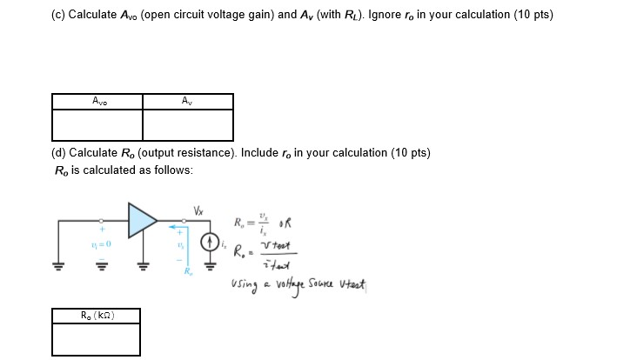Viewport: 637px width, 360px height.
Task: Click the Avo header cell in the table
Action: [x=97, y=101]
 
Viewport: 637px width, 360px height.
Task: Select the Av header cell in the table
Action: [x=188, y=101]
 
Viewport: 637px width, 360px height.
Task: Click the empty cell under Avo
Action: [x=97, y=124]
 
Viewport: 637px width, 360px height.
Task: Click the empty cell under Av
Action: [x=188, y=124]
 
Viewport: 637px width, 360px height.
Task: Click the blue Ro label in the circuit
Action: [x=185, y=272]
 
